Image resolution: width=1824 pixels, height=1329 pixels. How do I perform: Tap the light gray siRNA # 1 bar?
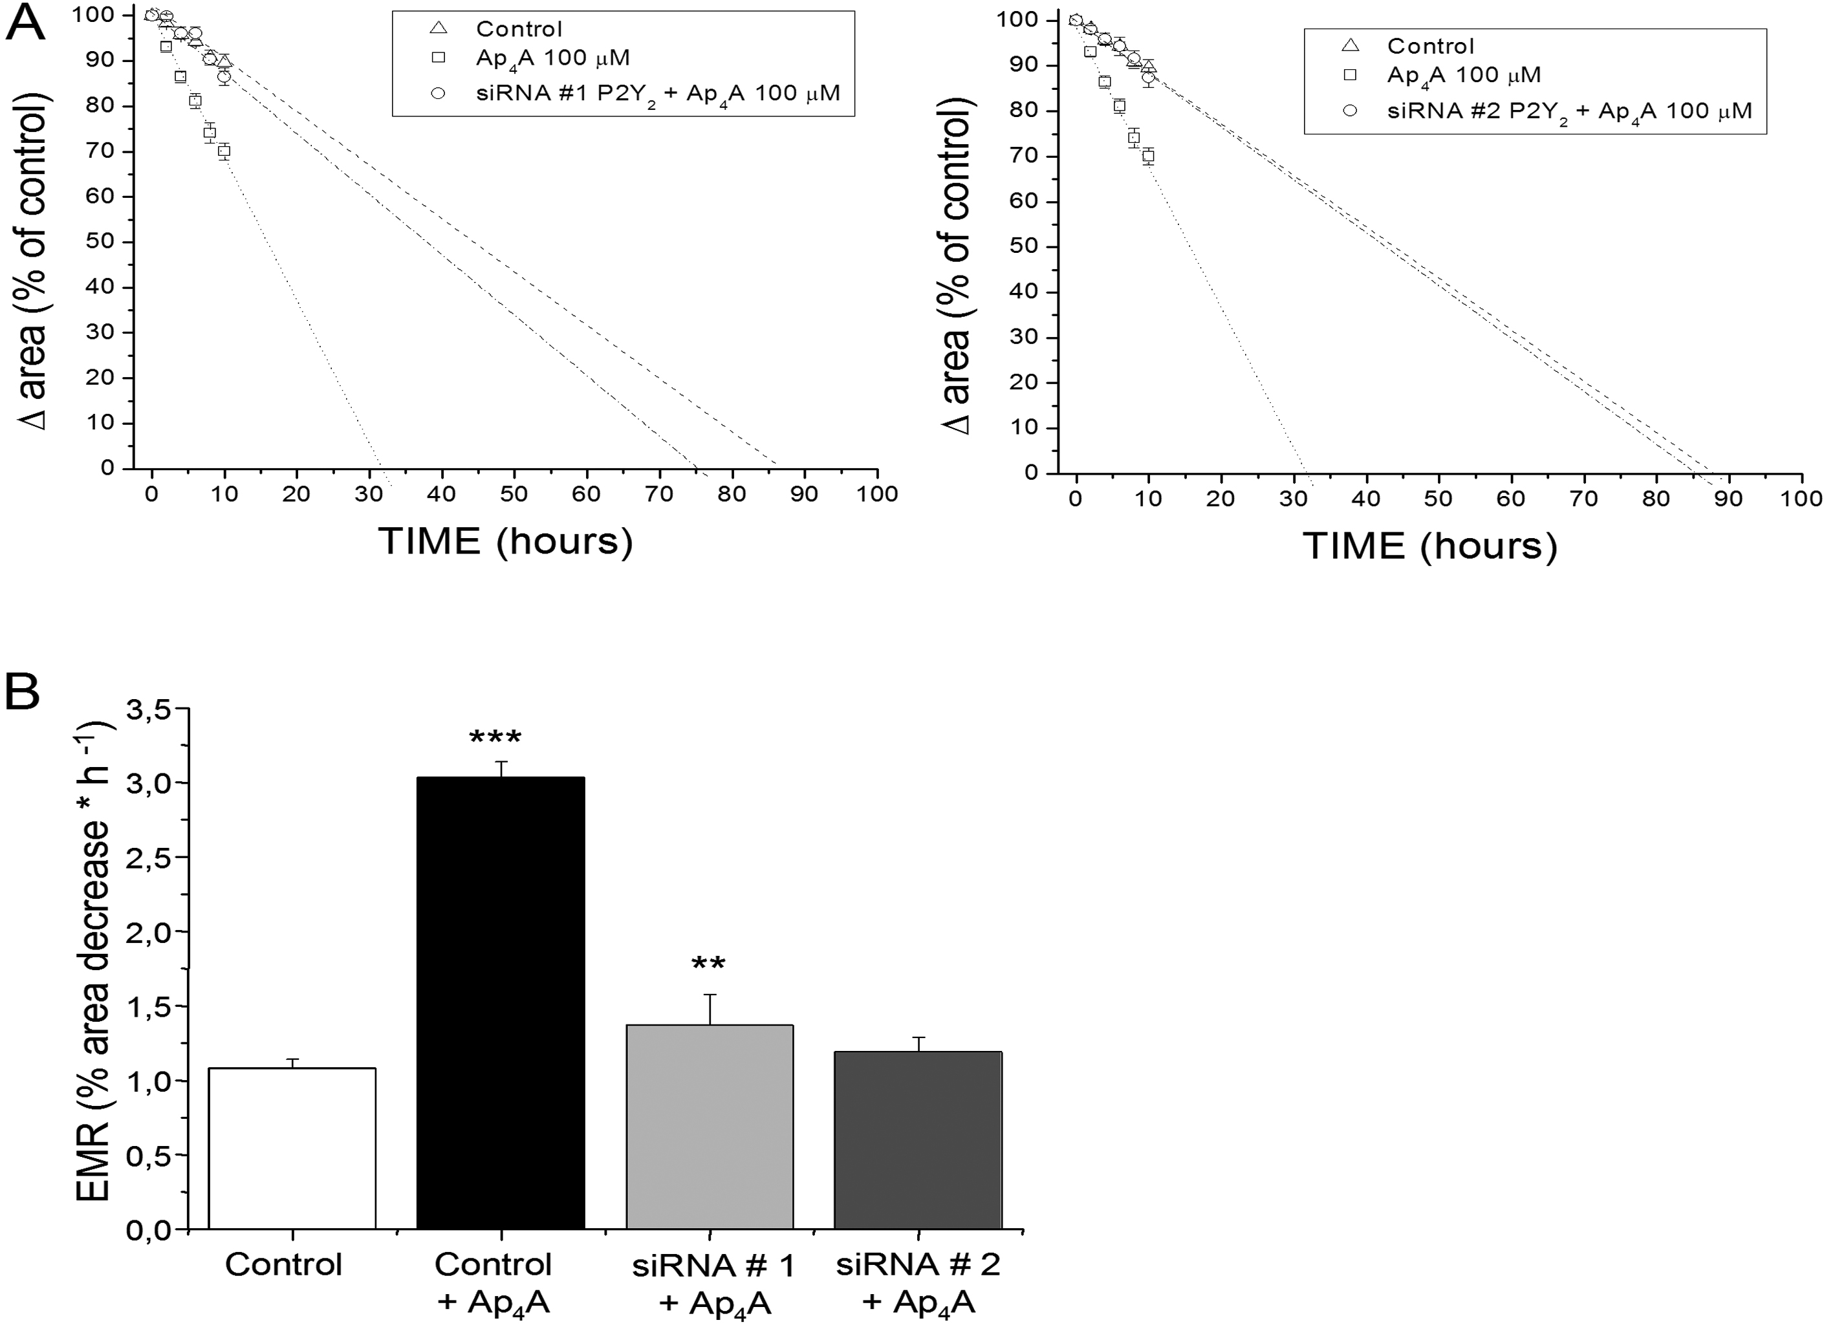click(709, 1127)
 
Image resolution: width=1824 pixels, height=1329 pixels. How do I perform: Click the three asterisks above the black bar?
click(495, 738)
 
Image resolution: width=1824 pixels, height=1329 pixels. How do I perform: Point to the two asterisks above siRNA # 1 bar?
click(708, 964)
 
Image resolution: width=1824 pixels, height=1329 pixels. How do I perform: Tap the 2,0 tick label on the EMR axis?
click(149, 931)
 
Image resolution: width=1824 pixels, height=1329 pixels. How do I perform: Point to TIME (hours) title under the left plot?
click(505, 541)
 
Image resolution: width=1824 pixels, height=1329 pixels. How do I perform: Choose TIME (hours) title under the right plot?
click(1429, 546)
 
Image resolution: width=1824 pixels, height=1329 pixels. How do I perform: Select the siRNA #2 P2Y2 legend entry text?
click(1569, 112)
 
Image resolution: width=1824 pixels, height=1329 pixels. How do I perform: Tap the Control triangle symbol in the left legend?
click(439, 28)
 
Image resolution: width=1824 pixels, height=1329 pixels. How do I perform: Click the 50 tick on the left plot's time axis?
click(514, 494)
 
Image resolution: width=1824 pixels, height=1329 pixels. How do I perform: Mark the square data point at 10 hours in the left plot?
click(224, 151)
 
